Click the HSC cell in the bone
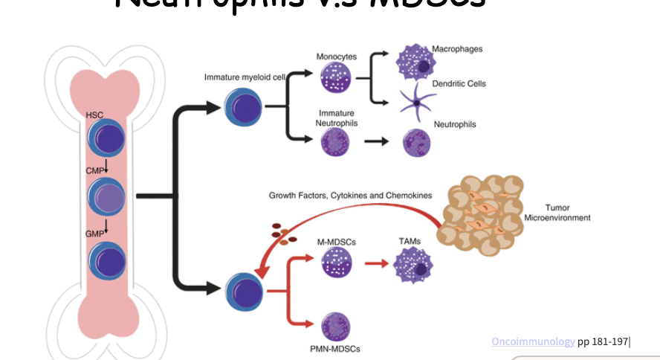click(x=106, y=140)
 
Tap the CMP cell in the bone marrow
click(x=106, y=198)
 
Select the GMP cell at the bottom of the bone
click(x=106, y=260)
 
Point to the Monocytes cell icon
click(x=335, y=77)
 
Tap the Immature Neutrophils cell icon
click(x=335, y=141)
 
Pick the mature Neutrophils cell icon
click(x=417, y=142)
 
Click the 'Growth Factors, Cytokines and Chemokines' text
click(x=350, y=195)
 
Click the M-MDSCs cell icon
click(x=335, y=263)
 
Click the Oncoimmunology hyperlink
click(x=532, y=341)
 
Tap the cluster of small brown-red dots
click(x=283, y=233)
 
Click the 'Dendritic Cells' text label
click(x=459, y=84)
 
